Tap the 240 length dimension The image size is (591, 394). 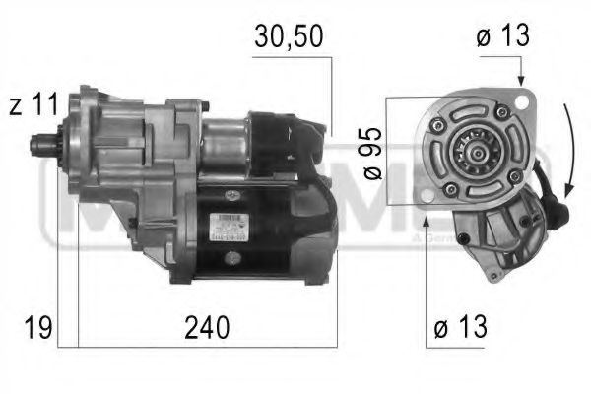click(x=209, y=327)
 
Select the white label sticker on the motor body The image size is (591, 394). click(x=228, y=227)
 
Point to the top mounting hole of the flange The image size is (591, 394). click(x=519, y=99)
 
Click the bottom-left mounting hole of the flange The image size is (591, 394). click(x=427, y=198)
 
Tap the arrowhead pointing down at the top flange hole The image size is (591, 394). click(x=519, y=81)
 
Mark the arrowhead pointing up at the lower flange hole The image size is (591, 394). click(x=427, y=214)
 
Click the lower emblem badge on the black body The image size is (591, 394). click(x=232, y=258)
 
